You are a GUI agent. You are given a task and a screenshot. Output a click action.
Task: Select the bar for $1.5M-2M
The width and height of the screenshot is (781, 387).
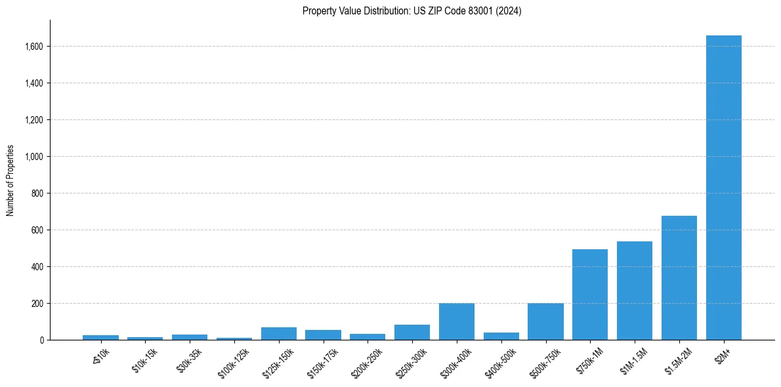pos(679,278)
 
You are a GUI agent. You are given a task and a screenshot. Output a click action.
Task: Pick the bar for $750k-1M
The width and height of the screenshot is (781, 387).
pos(590,295)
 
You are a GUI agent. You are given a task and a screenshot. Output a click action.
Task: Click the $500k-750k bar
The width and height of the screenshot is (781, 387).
pos(545,321)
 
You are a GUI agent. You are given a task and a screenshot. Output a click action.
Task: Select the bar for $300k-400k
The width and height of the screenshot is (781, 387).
pos(457,321)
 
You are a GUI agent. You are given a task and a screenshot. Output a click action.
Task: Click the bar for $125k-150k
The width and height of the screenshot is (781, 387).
pos(279,334)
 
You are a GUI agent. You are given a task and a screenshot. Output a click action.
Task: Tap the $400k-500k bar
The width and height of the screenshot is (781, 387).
pos(501,336)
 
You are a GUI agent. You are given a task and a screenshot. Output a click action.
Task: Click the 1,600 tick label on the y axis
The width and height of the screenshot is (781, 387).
pos(34,47)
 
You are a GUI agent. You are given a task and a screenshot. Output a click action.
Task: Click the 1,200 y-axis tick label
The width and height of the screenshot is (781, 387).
pos(34,120)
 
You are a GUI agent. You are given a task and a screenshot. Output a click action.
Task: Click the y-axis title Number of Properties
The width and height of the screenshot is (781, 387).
pos(11,180)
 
